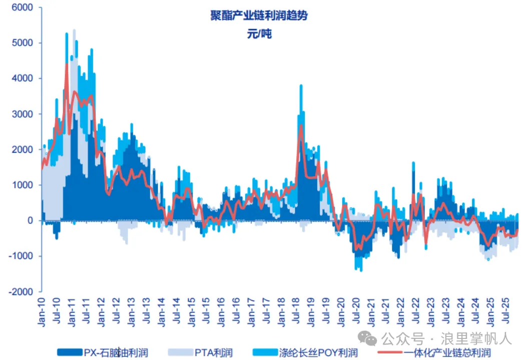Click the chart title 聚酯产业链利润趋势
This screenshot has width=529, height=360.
click(x=259, y=16)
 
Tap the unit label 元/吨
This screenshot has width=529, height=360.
click(x=259, y=35)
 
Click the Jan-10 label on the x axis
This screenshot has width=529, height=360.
click(x=41, y=311)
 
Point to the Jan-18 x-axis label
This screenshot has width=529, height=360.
click(x=281, y=311)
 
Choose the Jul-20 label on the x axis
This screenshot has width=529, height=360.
click(x=356, y=311)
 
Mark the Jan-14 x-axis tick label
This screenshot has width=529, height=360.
click(x=161, y=311)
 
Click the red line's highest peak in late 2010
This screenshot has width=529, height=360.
click(x=67, y=64)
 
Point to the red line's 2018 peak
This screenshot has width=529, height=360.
click(x=301, y=125)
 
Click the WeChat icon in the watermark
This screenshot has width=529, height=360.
click(x=371, y=339)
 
